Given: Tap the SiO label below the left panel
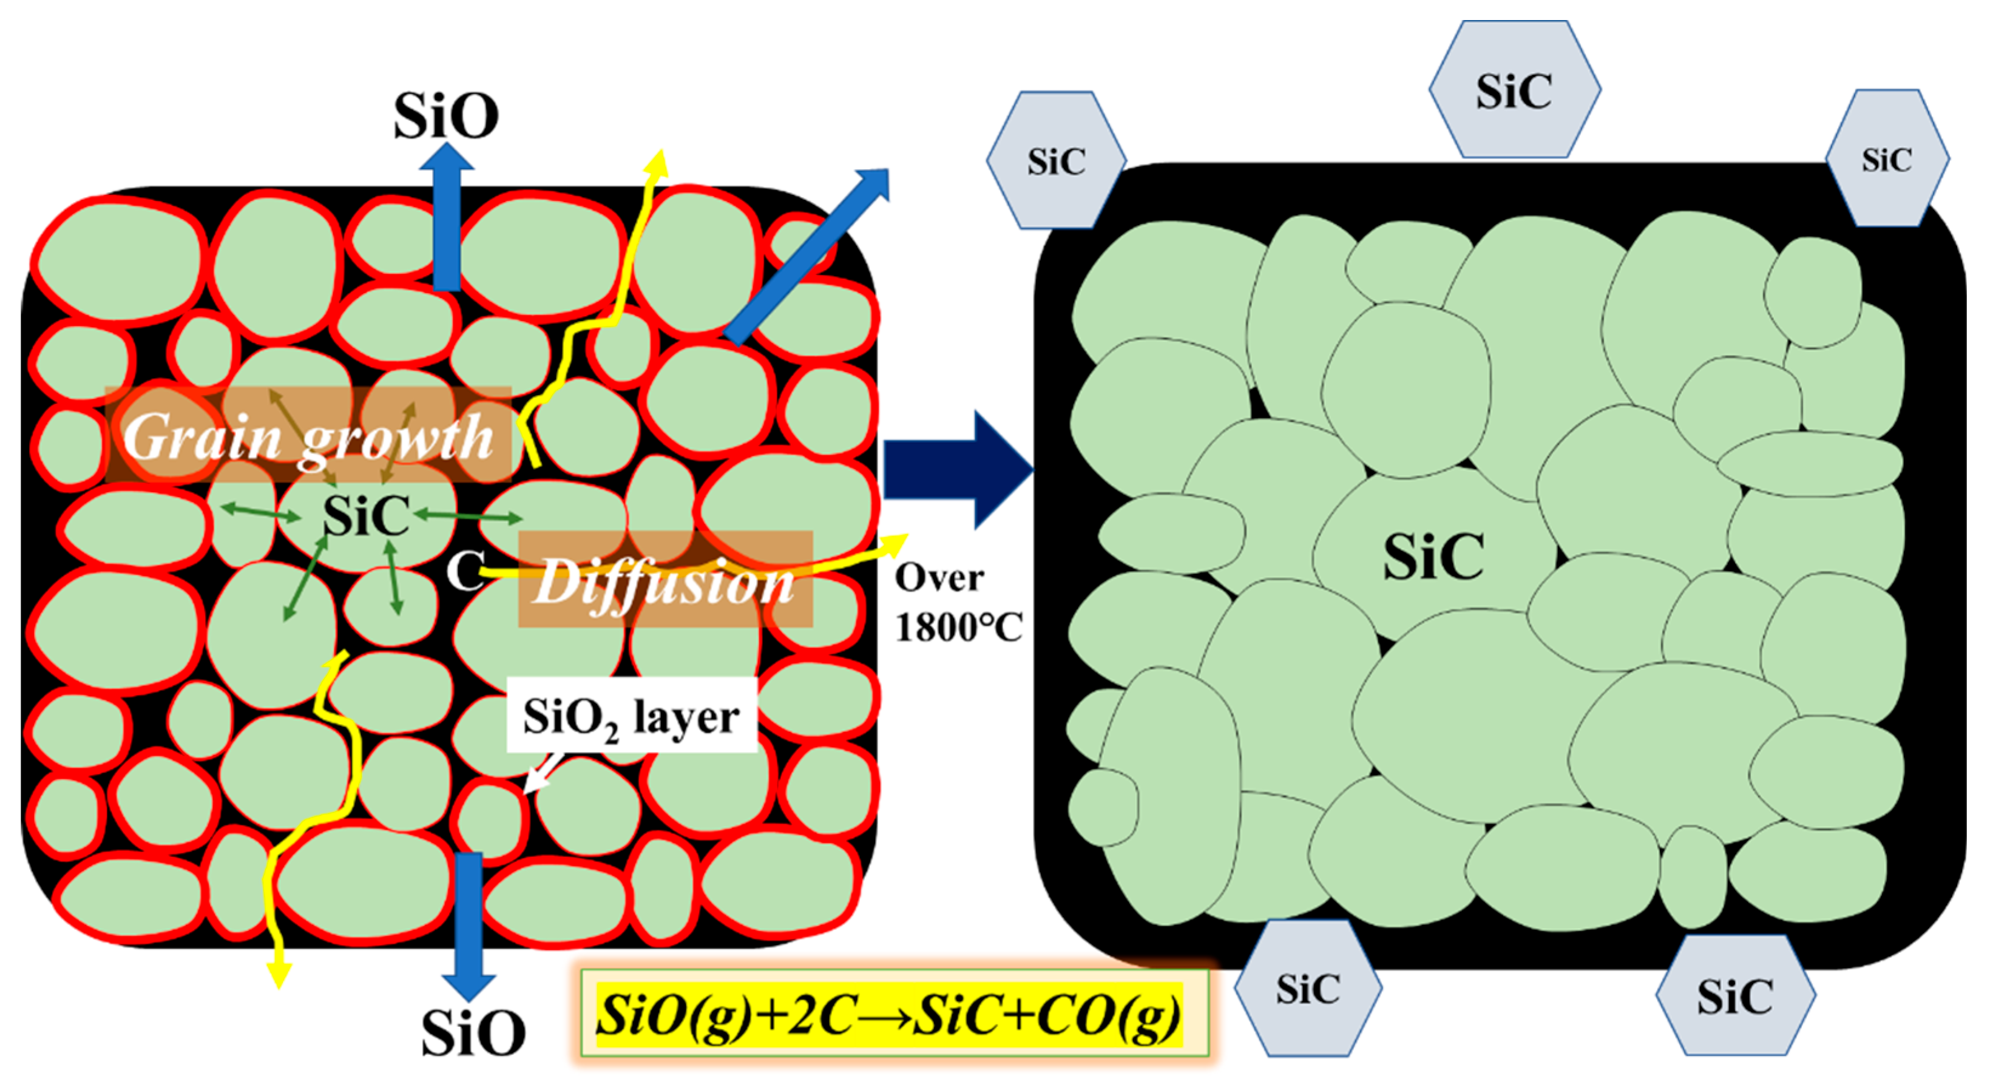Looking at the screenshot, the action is tap(473, 1033).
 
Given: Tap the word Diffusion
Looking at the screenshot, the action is tap(664, 582).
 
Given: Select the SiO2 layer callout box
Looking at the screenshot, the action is tap(631, 716).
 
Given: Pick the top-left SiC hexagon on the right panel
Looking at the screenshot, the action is tap(1055, 161).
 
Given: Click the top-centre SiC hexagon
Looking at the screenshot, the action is tap(1514, 90).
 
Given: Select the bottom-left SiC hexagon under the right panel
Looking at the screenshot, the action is tap(1307, 989).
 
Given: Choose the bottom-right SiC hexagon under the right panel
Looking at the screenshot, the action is tap(1734, 997).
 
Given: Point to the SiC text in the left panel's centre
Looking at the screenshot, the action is tap(366, 515).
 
